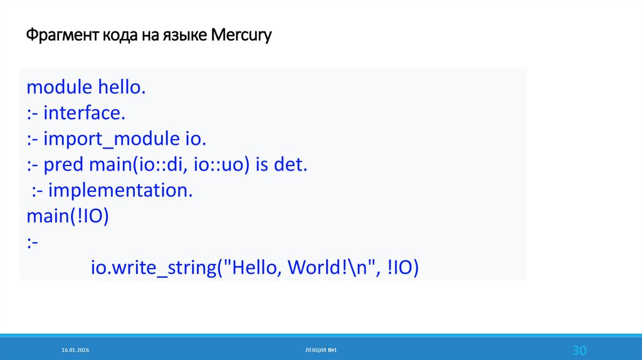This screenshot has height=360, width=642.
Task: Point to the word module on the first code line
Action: click(x=60, y=87)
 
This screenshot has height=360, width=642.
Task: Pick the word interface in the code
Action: click(x=85, y=113)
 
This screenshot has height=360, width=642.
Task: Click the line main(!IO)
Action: click(x=68, y=217)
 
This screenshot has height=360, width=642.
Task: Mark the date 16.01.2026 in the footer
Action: click(x=76, y=349)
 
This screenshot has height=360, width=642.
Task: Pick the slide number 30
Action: click(x=579, y=349)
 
